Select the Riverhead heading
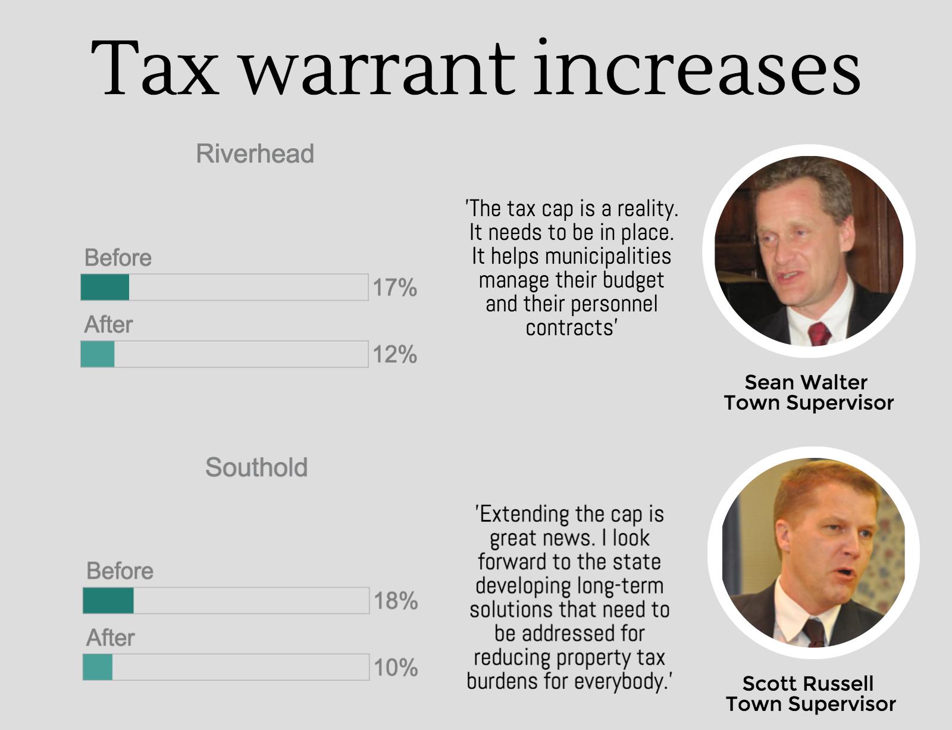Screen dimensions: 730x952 255,154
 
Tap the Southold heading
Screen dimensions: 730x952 256,467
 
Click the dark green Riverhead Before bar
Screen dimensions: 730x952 105,287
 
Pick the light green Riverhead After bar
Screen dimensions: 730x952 98,354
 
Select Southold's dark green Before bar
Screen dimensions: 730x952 108,600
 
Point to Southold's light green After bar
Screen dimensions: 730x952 98,667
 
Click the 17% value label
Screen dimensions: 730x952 394,288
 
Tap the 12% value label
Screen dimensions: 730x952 394,354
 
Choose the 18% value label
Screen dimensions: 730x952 396,601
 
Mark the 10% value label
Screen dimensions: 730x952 396,667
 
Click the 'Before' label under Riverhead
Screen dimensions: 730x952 118,258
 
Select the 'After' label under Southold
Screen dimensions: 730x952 111,638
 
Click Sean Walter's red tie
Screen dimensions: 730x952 819,333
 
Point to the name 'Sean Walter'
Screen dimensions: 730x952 806,382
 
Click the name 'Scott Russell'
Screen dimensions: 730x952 807,683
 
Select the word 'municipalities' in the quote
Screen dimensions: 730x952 607,256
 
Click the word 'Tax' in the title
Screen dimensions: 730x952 155,68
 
